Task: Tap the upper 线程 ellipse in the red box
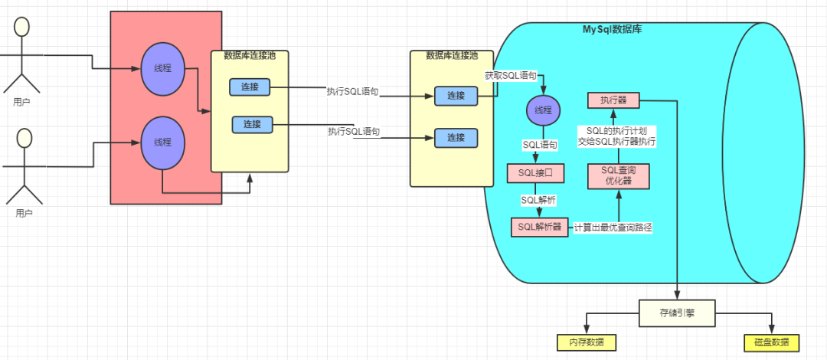(x=162, y=68)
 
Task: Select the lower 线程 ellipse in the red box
(x=162, y=142)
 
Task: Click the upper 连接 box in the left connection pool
(x=250, y=87)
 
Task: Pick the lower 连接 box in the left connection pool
(x=252, y=124)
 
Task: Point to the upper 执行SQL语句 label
(x=352, y=91)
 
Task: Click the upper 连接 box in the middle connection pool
(x=456, y=96)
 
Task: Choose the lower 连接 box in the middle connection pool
(x=456, y=138)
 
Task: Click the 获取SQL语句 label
(x=511, y=76)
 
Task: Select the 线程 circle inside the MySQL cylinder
(x=543, y=110)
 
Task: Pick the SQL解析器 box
(x=540, y=227)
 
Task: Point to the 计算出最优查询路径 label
(x=613, y=227)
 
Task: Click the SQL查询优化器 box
(x=619, y=176)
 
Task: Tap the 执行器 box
(x=613, y=100)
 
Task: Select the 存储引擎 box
(x=677, y=313)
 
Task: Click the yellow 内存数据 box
(x=586, y=342)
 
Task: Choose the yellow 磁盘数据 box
(x=772, y=342)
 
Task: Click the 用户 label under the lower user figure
(x=24, y=213)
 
